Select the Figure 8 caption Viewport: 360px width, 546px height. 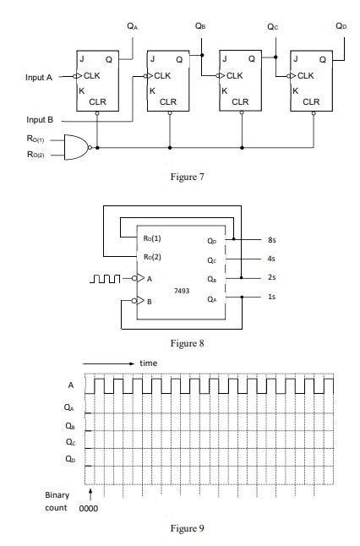188,343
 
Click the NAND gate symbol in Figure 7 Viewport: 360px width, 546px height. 77,147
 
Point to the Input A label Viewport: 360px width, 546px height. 39,77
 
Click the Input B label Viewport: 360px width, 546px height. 40,120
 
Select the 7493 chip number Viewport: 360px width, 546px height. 181,290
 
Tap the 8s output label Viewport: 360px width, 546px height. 270,240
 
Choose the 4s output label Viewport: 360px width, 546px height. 270,259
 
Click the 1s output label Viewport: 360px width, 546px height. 270,297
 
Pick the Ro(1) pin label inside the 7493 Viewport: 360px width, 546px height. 154,238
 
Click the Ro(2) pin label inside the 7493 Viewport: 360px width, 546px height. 154,256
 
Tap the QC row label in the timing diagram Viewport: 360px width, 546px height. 69,442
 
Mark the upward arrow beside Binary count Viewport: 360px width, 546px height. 90,492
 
